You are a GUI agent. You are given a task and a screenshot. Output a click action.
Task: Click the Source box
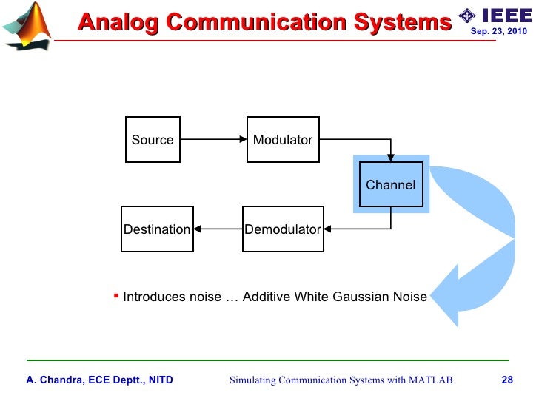pyautogui.click(x=153, y=140)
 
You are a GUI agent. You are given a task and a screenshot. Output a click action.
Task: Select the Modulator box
pyautogui.click(x=283, y=140)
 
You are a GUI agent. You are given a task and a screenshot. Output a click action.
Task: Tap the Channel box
pyautogui.click(x=390, y=185)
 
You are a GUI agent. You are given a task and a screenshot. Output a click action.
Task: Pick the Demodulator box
pyautogui.click(x=283, y=229)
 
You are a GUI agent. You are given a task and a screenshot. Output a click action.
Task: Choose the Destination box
pyautogui.click(x=157, y=229)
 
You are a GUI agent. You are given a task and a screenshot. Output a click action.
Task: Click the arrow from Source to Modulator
pyautogui.click(x=213, y=140)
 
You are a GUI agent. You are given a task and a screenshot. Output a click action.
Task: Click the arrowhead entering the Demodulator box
pyautogui.click(x=328, y=229)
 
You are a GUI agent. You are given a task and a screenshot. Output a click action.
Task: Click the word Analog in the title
pyautogui.click(x=119, y=22)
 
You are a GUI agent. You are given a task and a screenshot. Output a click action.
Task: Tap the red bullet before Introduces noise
pyautogui.click(x=115, y=294)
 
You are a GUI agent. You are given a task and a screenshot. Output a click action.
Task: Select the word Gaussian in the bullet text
pyautogui.click(x=356, y=297)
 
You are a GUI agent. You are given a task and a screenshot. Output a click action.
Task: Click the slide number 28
pyautogui.click(x=507, y=380)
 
